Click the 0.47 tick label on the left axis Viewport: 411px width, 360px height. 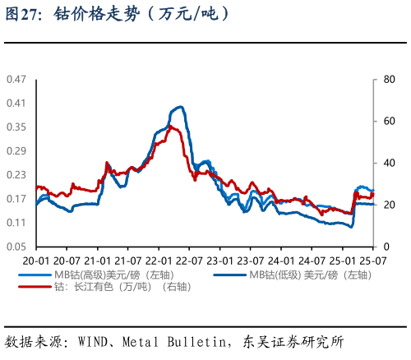click(16, 80)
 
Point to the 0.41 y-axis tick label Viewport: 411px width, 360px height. click(16, 104)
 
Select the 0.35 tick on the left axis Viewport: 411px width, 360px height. click(16, 127)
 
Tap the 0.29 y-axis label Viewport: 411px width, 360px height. click(16, 151)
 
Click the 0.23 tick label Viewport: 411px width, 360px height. click(16, 175)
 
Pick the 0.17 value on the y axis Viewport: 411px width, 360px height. click(16, 199)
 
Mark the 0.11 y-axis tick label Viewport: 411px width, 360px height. click(16, 223)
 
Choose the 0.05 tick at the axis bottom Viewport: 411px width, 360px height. click(16, 247)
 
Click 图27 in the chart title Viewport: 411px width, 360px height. click(21, 14)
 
